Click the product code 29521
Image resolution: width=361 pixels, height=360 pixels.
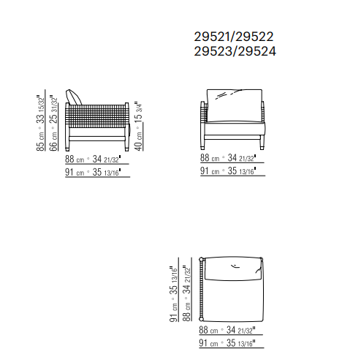coord(213,37)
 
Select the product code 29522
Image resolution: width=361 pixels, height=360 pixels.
coord(254,37)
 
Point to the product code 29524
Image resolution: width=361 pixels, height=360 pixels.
coord(256,51)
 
